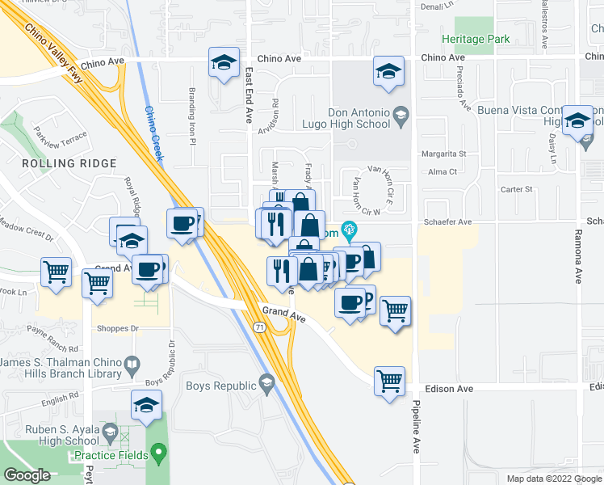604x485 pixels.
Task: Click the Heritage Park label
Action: pyautogui.click(x=476, y=39)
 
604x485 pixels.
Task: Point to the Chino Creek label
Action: pyautogui.click(x=153, y=133)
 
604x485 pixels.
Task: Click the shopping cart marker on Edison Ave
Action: pyautogui.click(x=390, y=378)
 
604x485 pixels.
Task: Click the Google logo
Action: pyautogui.click(x=27, y=475)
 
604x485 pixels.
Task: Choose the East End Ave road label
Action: pyautogui.click(x=249, y=94)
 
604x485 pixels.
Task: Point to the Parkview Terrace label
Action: pyautogui.click(x=61, y=135)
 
